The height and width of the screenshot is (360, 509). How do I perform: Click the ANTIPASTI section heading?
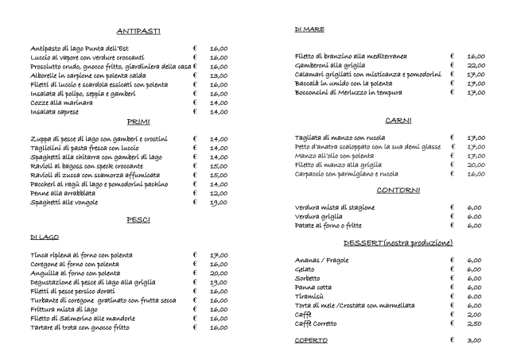[x=139, y=31]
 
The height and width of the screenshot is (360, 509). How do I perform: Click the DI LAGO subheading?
[x=45, y=237]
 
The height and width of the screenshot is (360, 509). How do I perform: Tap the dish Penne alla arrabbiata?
[x=64, y=193]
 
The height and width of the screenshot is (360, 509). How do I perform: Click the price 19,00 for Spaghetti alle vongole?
[x=219, y=203]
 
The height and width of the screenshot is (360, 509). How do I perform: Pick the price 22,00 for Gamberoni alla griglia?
[x=476, y=66]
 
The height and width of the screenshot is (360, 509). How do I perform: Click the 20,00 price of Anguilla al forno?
[x=219, y=273]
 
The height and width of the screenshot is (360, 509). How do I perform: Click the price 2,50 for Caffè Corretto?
[x=475, y=323]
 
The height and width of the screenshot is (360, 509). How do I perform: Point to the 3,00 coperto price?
[x=475, y=341]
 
